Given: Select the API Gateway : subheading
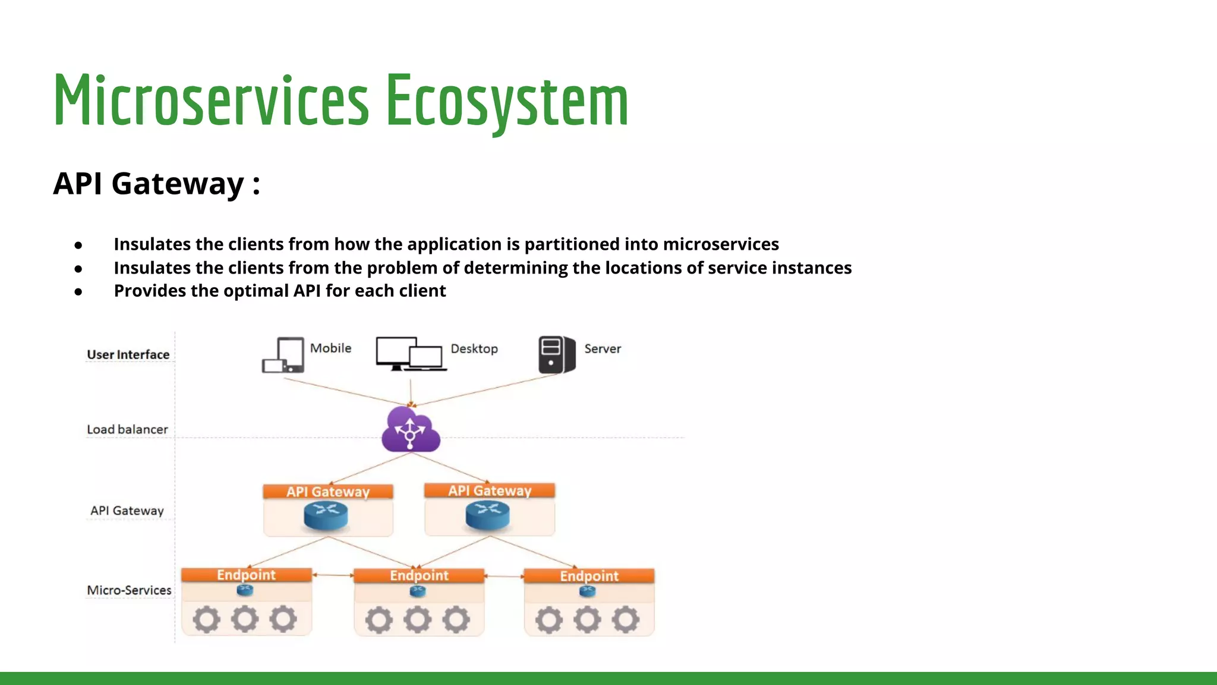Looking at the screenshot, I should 156,183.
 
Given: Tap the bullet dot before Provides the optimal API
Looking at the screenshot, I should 78,292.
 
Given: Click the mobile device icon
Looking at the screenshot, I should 284,355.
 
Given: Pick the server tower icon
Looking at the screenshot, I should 556,355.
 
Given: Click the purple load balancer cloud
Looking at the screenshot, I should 411,430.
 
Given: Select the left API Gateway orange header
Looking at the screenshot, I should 328,492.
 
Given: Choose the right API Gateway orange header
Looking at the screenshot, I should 490,491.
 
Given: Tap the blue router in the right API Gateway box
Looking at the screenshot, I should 488,515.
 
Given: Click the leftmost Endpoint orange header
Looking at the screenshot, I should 246,575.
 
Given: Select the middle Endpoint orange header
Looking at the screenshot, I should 419,576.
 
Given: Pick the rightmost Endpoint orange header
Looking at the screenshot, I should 589,576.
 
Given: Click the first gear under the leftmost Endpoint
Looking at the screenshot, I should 206,620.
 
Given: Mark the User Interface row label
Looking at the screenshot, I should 128,355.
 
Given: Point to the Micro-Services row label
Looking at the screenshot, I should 129,590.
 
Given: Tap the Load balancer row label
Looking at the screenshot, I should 127,429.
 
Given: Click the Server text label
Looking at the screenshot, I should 602,349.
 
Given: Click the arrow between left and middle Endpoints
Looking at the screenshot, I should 333,575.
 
